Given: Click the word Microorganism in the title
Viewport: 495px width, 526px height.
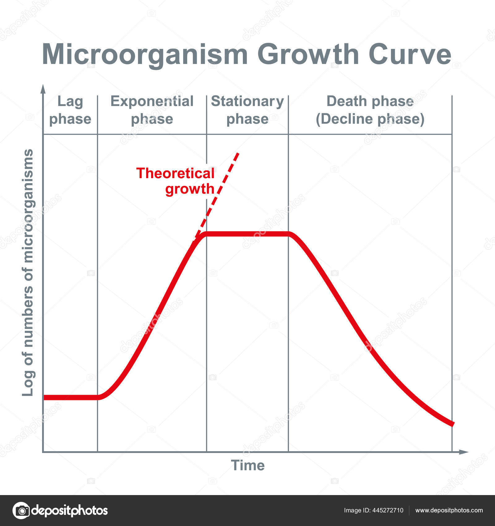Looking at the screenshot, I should pos(145,54).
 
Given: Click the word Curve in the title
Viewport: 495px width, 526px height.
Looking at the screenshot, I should pos(410,54).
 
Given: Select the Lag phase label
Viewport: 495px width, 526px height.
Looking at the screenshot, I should pos(70,110).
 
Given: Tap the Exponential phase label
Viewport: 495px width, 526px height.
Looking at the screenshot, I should pos(152,110).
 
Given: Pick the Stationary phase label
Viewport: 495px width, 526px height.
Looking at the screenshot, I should pos(247,110).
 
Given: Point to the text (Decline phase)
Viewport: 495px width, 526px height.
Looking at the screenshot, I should pos(370,119).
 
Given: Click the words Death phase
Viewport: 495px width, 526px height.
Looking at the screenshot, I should pos(370,101).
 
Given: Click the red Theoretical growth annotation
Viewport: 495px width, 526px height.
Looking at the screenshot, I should pos(175,181).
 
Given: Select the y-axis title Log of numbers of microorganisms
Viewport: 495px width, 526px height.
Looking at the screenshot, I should pos(28,272).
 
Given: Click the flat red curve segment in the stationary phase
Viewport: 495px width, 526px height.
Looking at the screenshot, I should pos(247,234).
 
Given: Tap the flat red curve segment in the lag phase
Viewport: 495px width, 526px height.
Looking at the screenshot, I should pos(71,397).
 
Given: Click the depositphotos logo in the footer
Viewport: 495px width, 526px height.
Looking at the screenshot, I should pos(60,511).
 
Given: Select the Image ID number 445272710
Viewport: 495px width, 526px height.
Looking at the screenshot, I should pos(389,511).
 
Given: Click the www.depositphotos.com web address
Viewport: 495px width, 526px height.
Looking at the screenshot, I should pos(449,511).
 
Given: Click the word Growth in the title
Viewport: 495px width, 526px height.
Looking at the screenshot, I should pos(308,54).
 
